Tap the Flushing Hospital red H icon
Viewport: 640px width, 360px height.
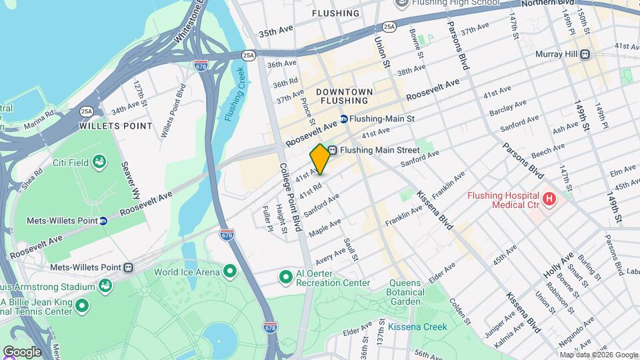(549, 198)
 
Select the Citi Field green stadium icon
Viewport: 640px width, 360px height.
(99, 161)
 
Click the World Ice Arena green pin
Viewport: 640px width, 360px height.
(231, 271)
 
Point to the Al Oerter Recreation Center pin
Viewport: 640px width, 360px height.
(286, 276)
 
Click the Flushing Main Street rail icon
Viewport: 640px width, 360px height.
(332, 150)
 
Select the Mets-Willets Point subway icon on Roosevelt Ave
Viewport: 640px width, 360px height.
(103, 220)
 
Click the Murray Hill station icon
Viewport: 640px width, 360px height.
(584, 54)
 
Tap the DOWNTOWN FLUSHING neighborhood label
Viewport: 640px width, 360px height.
(345, 95)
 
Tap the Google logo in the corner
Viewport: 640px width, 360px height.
(21, 351)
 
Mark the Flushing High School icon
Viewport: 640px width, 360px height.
(402, 3)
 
